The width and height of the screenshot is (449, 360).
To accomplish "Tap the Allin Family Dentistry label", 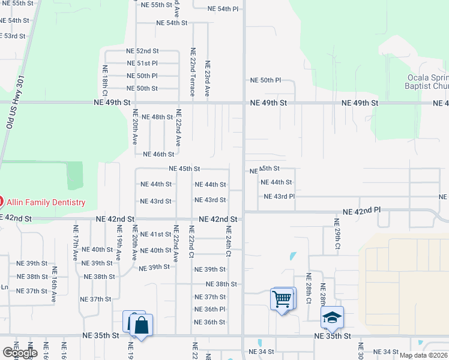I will pyautogui.click(x=46, y=203).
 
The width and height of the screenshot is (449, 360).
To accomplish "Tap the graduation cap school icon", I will pyautogui.click(x=331, y=317).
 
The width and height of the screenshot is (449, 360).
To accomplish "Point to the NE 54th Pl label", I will pyautogui.click(x=223, y=9).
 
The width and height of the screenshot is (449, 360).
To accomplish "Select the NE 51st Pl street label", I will pyautogui.click(x=142, y=63).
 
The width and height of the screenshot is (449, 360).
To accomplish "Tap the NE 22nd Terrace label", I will pyautogui.click(x=193, y=72).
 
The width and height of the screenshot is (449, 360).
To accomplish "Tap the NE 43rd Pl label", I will pyautogui.click(x=279, y=196).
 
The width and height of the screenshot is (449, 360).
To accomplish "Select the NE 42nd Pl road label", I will pyautogui.click(x=362, y=212).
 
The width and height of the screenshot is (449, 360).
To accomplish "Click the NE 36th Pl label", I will pyautogui.click(x=209, y=310).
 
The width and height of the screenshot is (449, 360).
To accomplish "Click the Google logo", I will pyautogui.click(x=20, y=353).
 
